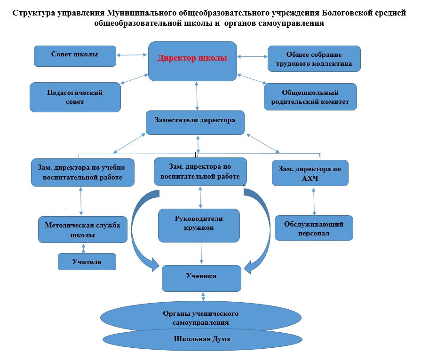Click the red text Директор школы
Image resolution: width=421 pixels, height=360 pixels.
(x=192, y=58)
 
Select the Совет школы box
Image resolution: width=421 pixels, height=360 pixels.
(x=75, y=56)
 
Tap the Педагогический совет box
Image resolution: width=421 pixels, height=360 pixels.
(x=75, y=97)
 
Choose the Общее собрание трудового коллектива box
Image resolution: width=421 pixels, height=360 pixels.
(x=314, y=59)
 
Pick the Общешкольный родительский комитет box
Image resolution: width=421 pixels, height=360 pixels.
(x=310, y=97)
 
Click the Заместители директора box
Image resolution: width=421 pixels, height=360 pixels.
(x=195, y=123)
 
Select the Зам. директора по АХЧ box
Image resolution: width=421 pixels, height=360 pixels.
(x=310, y=173)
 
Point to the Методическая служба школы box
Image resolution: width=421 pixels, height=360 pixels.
(x=83, y=230)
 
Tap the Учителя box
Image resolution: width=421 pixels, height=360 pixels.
(x=87, y=262)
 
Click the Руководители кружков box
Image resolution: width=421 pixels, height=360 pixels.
(x=199, y=226)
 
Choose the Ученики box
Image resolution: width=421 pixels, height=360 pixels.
(x=201, y=278)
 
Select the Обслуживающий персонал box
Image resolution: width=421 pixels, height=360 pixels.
(x=314, y=228)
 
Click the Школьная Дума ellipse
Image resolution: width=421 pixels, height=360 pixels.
(x=202, y=340)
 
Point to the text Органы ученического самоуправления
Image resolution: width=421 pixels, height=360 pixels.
(x=200, y=318)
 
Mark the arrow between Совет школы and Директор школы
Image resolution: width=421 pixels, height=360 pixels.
(x=132, y=55)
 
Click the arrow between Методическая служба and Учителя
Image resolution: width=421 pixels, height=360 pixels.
(x=84, y=249)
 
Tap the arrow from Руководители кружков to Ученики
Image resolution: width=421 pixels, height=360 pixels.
(x=201, y=253)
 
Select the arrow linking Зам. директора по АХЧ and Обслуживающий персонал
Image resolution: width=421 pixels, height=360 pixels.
(x=314, y=202)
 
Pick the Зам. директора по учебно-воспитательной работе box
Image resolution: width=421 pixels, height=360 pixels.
(x=83, y=172)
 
